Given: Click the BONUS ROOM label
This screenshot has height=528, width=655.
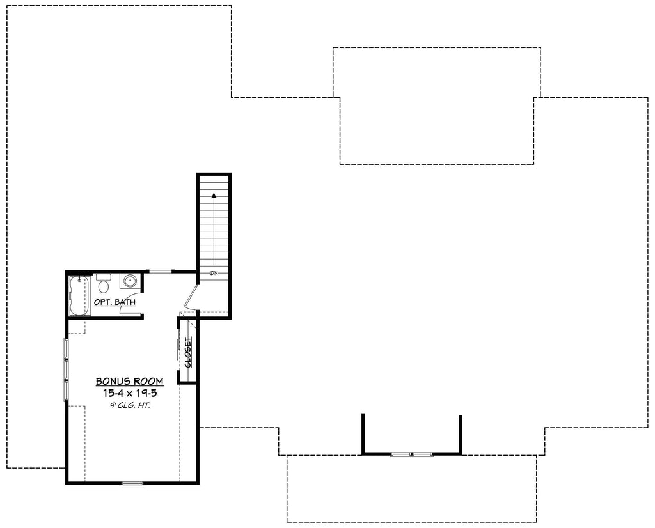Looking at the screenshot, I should point(129,381).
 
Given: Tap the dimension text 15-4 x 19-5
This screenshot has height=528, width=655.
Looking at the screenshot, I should point(129,393).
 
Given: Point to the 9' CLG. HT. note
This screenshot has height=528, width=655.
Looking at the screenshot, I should point(129,405).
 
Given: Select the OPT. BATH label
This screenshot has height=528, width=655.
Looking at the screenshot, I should point(114,302).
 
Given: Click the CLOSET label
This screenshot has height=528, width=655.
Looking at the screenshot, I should point(188,352).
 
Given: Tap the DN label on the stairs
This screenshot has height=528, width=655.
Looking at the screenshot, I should point(214,273).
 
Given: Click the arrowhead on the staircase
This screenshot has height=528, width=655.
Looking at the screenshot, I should point(214,194).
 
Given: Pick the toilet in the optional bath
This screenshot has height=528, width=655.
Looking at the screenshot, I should point(103,286).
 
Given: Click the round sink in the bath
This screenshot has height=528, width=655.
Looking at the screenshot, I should point(130,281).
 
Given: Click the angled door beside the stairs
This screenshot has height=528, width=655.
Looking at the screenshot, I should point(191,297).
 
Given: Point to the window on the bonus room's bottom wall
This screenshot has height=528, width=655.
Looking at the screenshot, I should point(132,483).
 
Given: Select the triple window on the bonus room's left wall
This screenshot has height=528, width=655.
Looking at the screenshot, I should point(66,369).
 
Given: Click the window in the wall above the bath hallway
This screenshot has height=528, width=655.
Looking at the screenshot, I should point(161,272).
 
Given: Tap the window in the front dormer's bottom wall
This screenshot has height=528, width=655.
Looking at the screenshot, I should point(412,454).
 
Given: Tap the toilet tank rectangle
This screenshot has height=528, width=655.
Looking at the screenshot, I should point(103,277).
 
